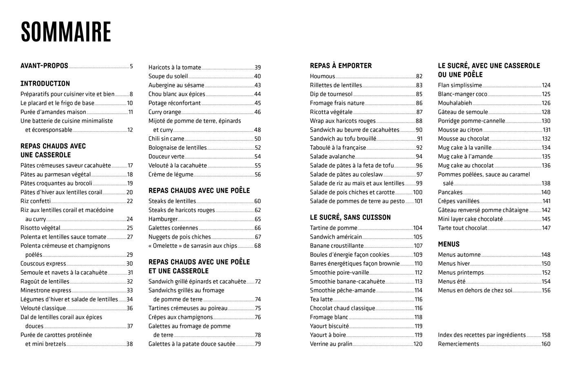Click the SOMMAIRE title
coord(66,32)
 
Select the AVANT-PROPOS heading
coord(44,66)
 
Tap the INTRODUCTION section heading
coord(45,84)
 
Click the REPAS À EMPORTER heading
coord(341,66)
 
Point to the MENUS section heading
coord(449,244)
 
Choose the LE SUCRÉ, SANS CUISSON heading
coord(350,217)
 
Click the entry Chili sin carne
coord(166,139)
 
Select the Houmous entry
coord(322,76)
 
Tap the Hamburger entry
coord(163,219)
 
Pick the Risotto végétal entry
coord(40,228)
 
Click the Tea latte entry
coord(321,299)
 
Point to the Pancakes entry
coord(450,192)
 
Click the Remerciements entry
coord(458,344)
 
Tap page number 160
coord(546,344)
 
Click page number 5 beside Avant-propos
coord(131,66)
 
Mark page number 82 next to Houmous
coord(419,76)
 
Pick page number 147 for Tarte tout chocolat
coord(546,228)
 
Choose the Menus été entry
coord(451,281)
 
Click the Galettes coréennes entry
coord(173,228)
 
